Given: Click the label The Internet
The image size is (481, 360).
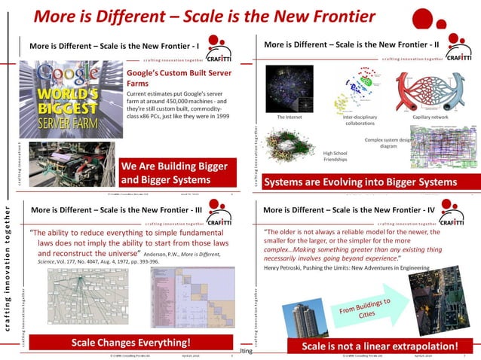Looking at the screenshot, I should coord(290,117).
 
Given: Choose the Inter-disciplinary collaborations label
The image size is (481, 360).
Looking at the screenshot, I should coord(360,121).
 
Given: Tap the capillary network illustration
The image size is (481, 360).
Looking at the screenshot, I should coord(430,91).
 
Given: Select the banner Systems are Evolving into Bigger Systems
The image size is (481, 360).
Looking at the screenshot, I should coord(360,182).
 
